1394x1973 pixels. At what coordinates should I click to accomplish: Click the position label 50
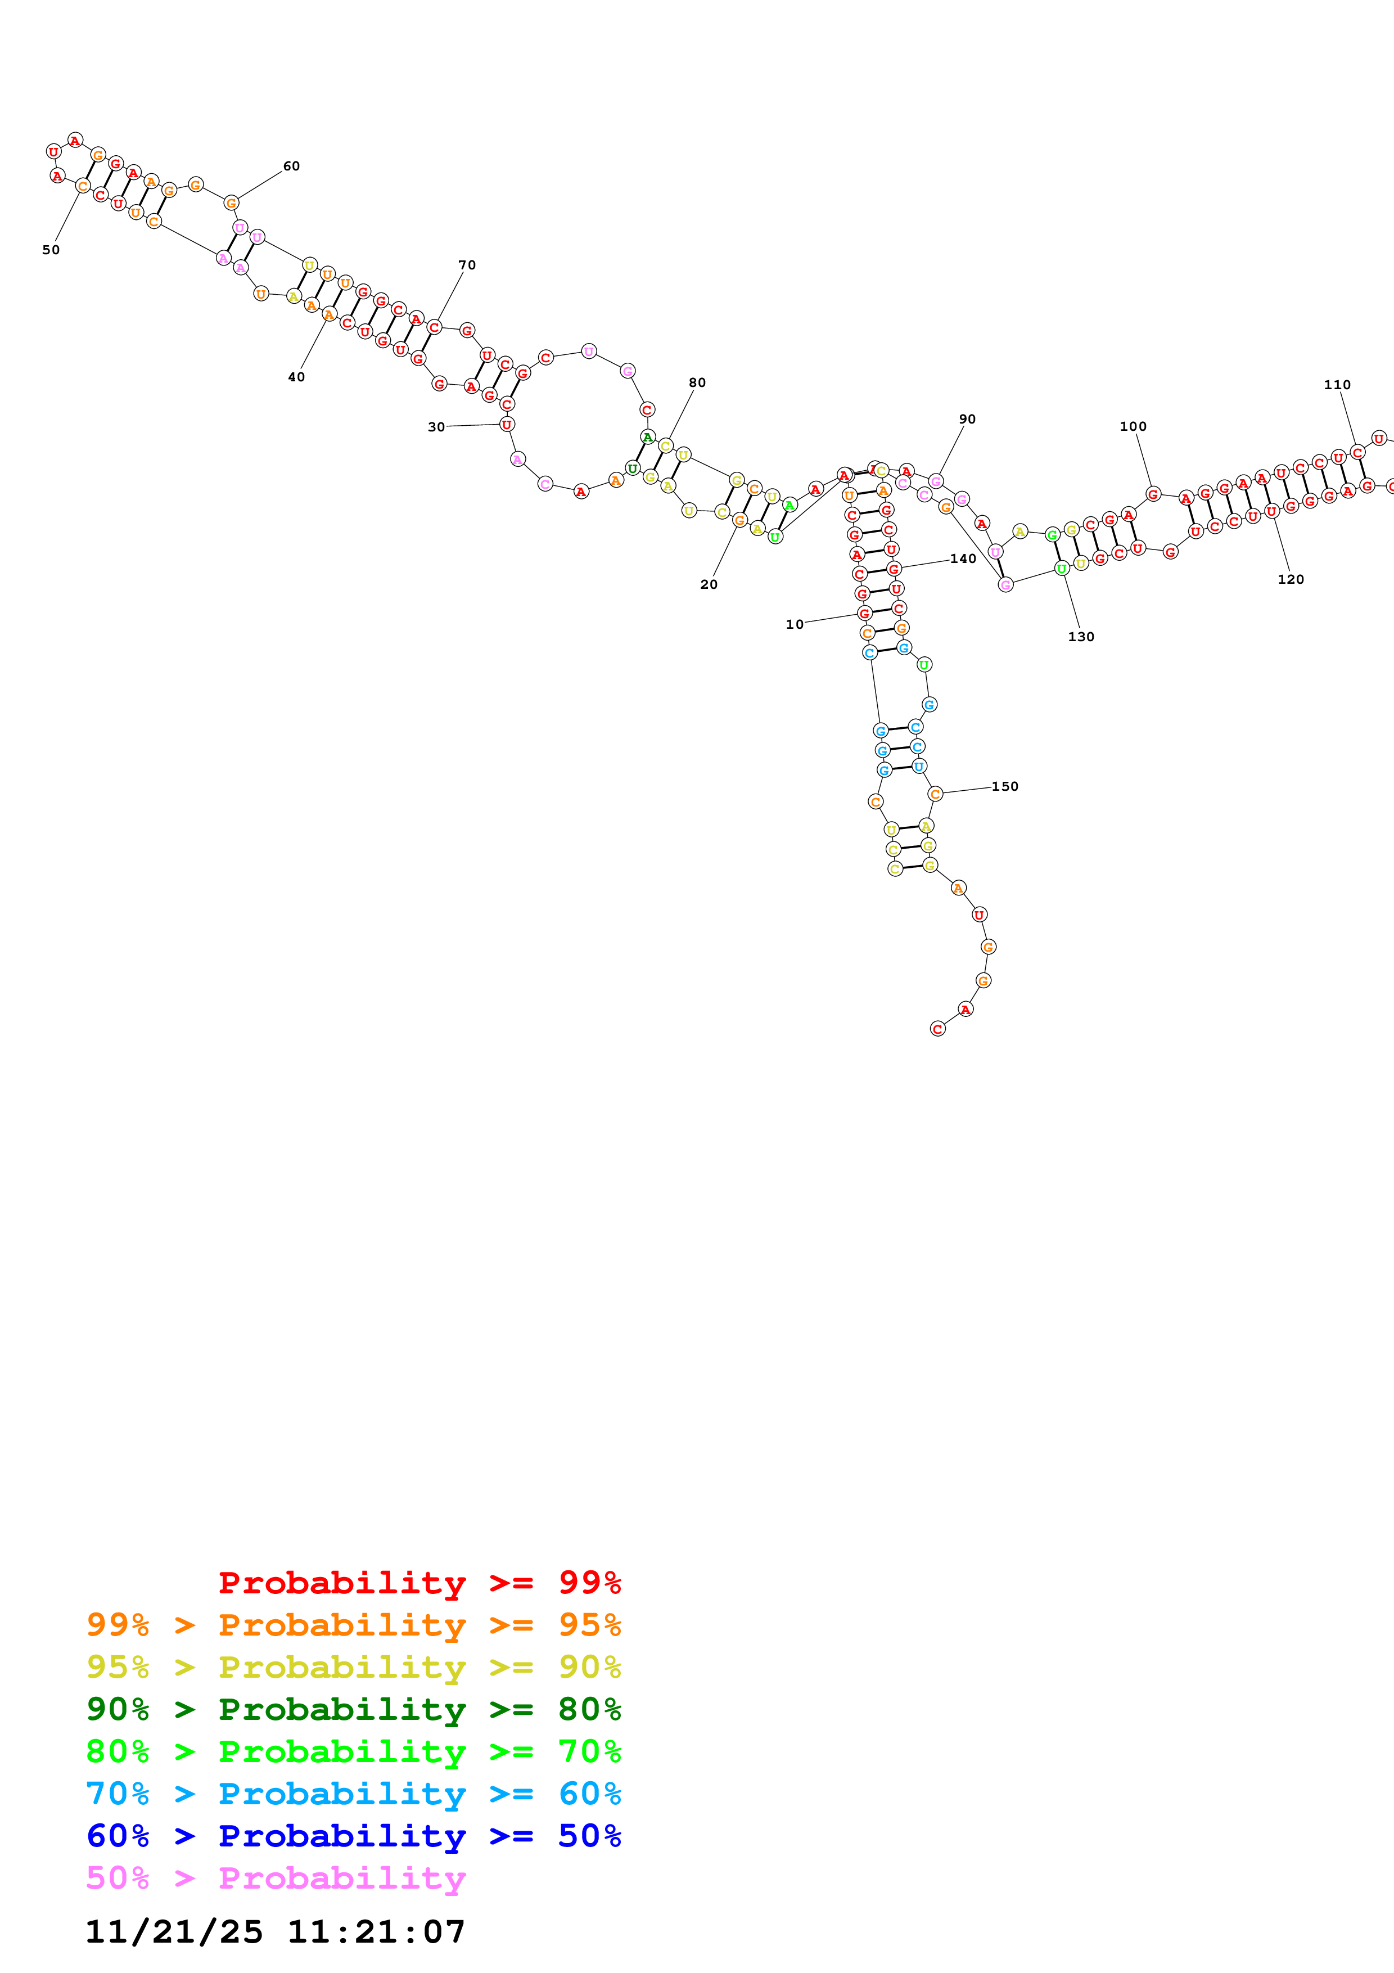pos(51,250)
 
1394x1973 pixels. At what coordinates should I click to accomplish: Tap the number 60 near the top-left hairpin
pos(291,166)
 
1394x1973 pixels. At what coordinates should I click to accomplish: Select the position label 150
pos(1004,786)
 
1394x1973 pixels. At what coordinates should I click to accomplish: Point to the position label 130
pos(1080,637)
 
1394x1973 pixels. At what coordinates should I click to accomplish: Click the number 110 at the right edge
pos(1337,385)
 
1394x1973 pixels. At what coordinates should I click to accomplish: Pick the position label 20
pos(709,584)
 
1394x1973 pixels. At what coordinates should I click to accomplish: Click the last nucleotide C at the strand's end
pos(938,1029)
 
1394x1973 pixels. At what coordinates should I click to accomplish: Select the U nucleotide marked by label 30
pos(507,425)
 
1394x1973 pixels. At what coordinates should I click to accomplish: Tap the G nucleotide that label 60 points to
pos(231,203)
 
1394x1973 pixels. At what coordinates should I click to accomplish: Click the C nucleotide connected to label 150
pos(935,794)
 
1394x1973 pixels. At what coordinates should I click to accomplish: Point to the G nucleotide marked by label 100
pos(1153,494)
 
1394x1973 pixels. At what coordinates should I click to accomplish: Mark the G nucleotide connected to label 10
pos(865,614)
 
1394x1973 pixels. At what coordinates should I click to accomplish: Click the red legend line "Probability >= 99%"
pos(419,1582)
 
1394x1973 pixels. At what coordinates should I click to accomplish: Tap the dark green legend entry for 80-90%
pos(353,1709)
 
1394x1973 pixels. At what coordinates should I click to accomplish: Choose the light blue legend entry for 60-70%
pos(353,1794)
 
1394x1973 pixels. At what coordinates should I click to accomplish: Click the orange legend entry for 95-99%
pos(353,1625)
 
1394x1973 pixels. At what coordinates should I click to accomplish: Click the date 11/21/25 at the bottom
pos(174,1933)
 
